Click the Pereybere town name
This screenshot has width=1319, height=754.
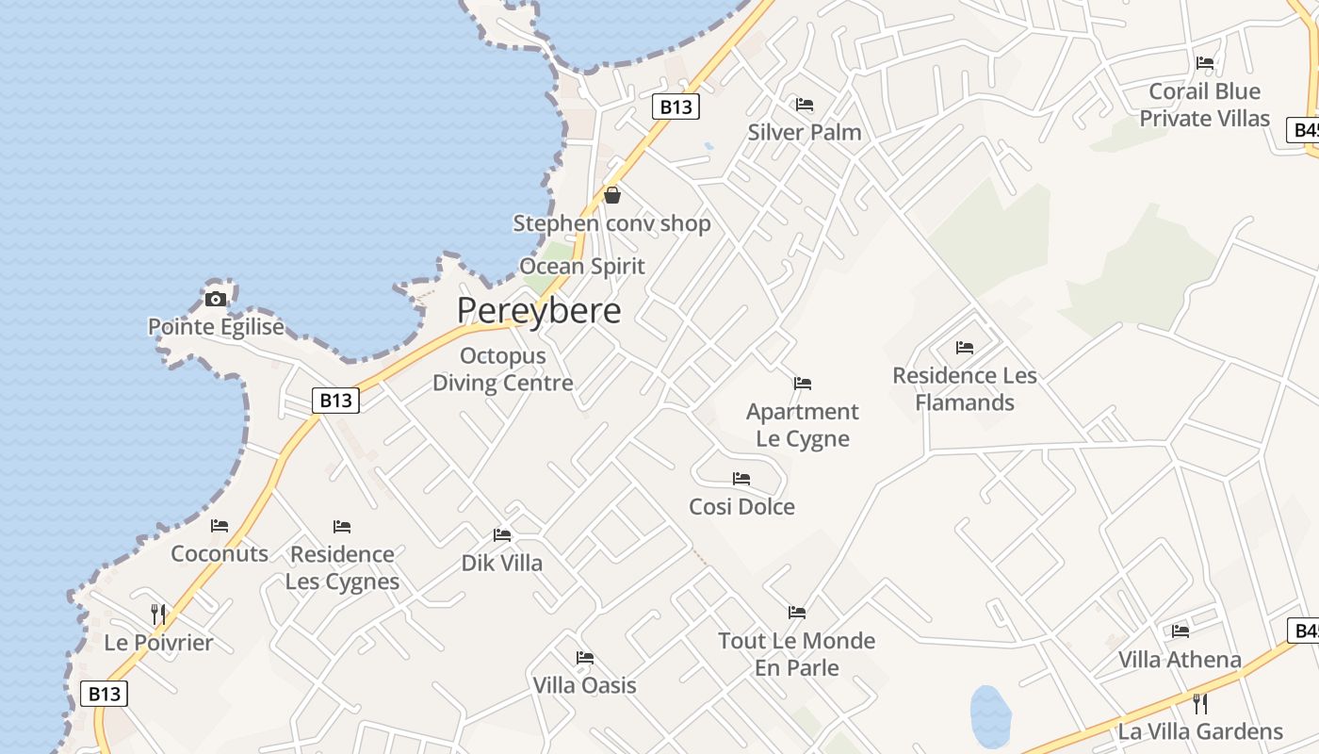(539, 311)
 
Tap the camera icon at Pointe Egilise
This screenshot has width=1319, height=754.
(216, 300)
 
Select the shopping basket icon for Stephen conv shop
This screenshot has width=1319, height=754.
(612, 195)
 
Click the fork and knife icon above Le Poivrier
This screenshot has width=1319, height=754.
(158, 615)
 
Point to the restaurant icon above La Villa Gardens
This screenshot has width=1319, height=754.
(1200, 703)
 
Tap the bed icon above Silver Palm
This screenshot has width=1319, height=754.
(805, 105)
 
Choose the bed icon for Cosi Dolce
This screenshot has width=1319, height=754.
(741, 479)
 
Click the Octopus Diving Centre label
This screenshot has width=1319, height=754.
(502, 369)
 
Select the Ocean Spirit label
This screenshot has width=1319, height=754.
(582, 267)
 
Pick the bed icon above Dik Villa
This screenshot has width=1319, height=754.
(502, 535)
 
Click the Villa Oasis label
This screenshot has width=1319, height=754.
(585, 685)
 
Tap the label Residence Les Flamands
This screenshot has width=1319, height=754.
(965, 388)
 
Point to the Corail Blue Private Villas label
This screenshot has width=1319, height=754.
(1205, 105)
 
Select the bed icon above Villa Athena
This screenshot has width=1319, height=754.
(1181, 631)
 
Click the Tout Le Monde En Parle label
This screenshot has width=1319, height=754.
(797, 654)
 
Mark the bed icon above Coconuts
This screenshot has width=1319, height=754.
(220, 526)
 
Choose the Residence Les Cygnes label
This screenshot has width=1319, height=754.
(342, 567)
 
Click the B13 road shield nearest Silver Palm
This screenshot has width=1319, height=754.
(676, 107)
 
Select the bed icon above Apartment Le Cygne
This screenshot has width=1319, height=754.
(803, 384)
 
